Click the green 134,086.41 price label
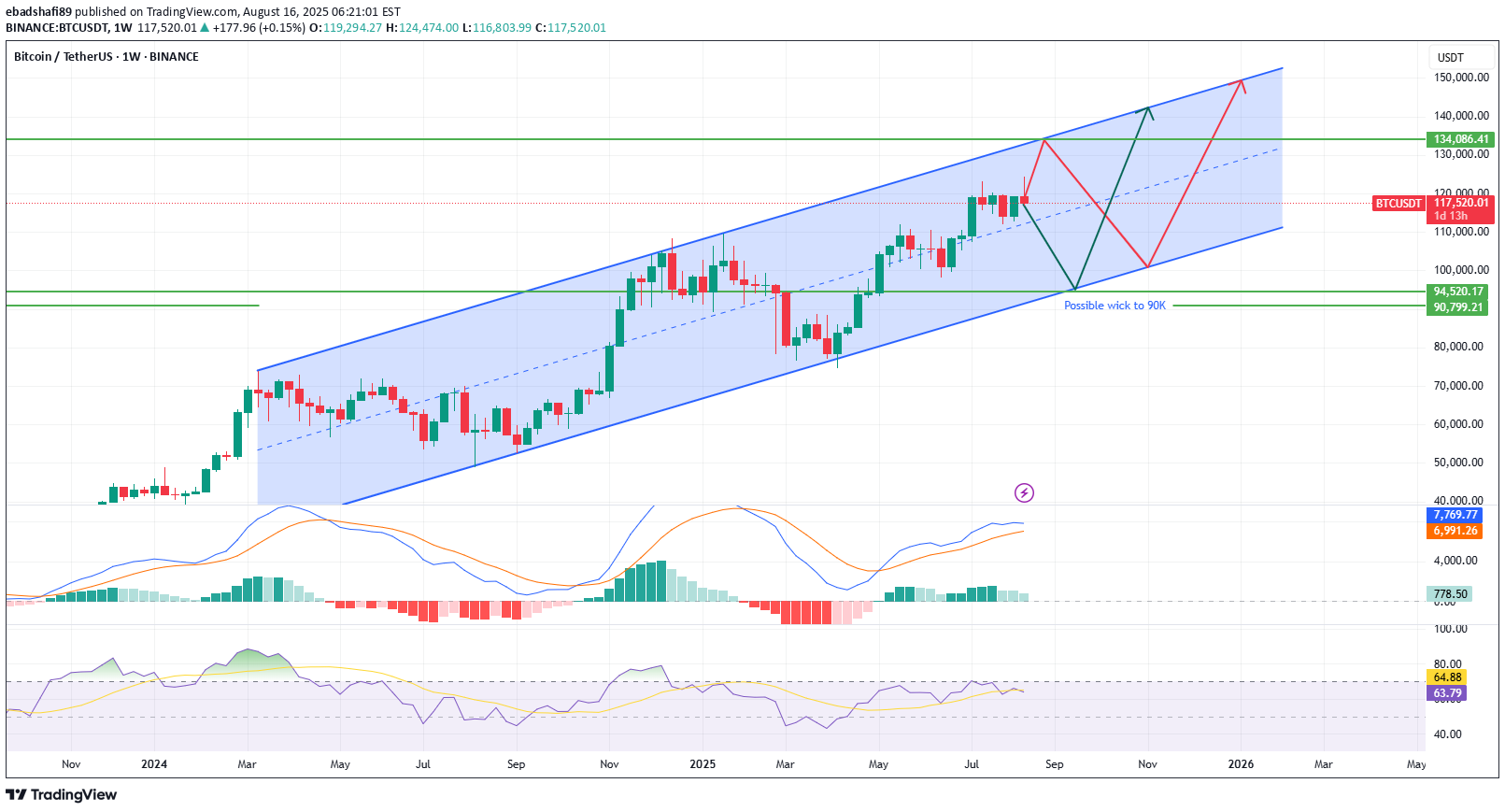(x=1461, y=139)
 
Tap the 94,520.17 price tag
(x=1458, y=292)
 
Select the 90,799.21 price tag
(x=1458, y=307)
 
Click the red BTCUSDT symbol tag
(x=1398, y=204)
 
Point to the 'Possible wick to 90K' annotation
(x=1115, y=306)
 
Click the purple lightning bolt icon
(x=1024, y=492)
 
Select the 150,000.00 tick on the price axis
(x=1461, y=78)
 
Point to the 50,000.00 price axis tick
(x=1461, y=463)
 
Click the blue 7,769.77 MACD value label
(x=1455, y=515)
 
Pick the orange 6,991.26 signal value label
(x=1455, y=531)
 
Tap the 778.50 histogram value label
(x=1450, y=593)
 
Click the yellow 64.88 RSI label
(x=1447, y=677)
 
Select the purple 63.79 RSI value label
(x=1447, y=693)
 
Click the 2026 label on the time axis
(x=1241, y=764)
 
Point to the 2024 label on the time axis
(x=154, y=764)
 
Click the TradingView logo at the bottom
(x=62, y=795)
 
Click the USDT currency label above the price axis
(x=1450, y=58)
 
